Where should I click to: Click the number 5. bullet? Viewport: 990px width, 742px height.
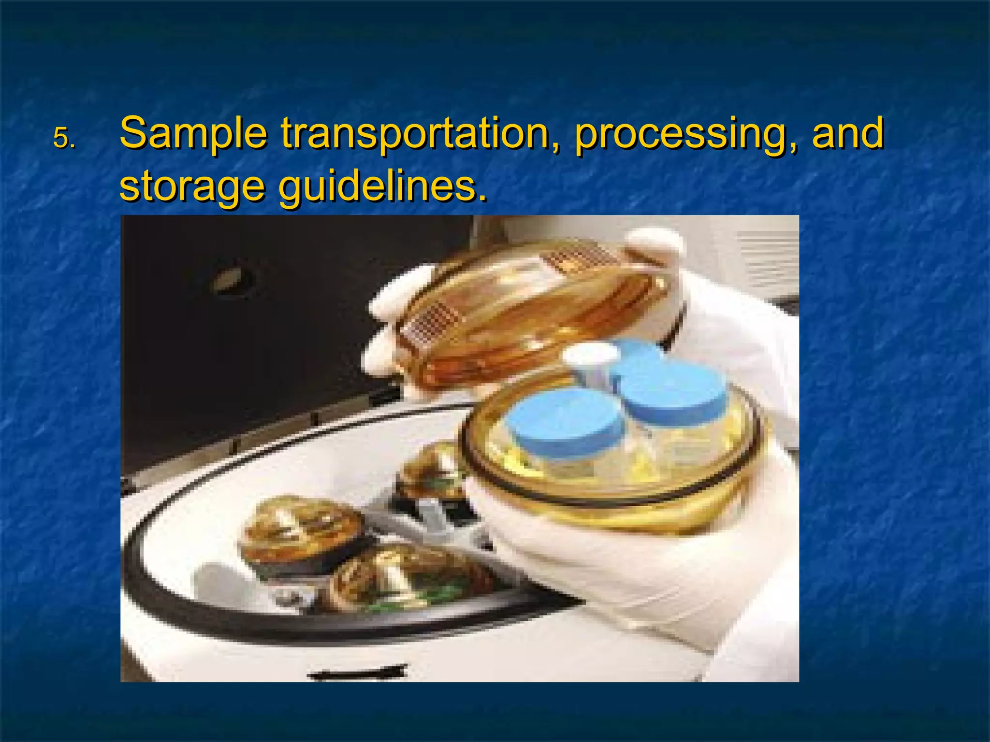pyautogui.click(x=64, y=139)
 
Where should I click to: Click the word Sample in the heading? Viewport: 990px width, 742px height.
pyautogui.click(x=193, y=133)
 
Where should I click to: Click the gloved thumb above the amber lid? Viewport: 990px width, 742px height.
pyautogui.click(x=655, y=244)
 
